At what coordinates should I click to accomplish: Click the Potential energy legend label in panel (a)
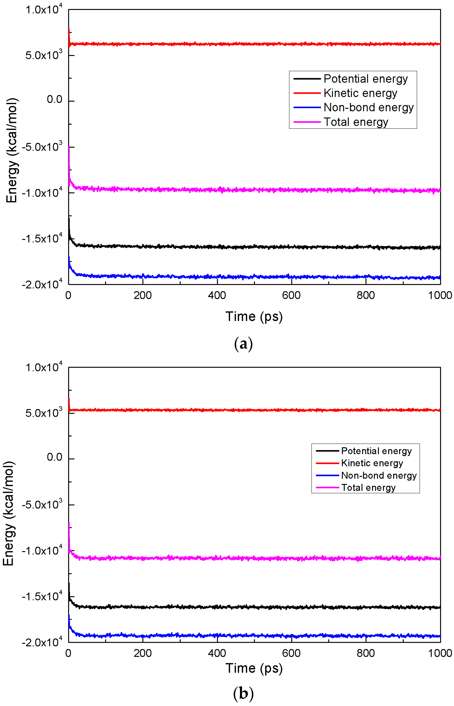(x=366, y=79)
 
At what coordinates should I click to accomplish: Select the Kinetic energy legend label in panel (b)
(x=372, y=463)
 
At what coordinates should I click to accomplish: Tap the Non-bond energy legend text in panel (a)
(x=368, y=107)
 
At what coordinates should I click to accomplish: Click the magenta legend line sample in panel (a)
(x=307, y=122)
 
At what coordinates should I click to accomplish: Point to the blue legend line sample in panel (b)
(x=327, y=475)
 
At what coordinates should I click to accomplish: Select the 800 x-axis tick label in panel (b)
(x=366, y=653)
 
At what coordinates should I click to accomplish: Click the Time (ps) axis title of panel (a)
(x=254, y=316)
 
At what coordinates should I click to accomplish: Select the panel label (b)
(x=243, y=693)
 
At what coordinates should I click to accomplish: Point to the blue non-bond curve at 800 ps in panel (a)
(x=366, y=277)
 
